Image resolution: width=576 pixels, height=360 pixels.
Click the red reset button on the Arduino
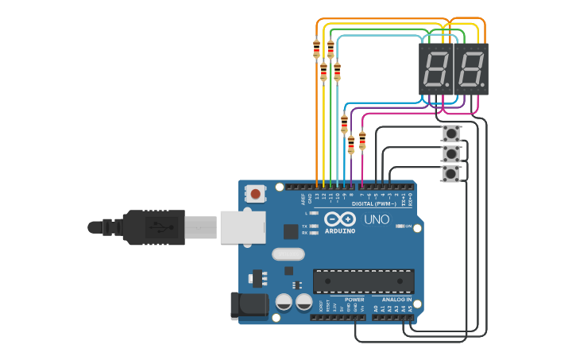pos(255,193)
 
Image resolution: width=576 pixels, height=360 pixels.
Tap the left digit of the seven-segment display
pos(435,70)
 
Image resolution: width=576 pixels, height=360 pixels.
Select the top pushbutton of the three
pos(450,132)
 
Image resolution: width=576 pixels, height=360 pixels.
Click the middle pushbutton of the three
pos(450,153)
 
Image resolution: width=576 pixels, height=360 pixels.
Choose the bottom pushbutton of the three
pos(450,173)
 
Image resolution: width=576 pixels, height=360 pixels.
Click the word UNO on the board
pos(377,219)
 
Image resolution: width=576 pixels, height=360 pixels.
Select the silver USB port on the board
pos(242,227)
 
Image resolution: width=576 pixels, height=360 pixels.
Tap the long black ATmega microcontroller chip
pos(363,281)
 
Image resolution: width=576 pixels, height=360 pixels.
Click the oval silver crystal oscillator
pos(288,254)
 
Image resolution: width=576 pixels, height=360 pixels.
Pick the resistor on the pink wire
pos(362,141)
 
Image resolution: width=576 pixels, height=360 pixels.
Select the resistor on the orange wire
pos(316,48)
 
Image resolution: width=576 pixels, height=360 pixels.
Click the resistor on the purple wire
pos(351,145)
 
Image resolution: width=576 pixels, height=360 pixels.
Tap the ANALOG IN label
pos(396,300)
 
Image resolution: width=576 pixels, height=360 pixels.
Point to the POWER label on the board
pos(354,300)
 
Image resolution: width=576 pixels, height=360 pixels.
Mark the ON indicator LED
pos(400,226)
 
